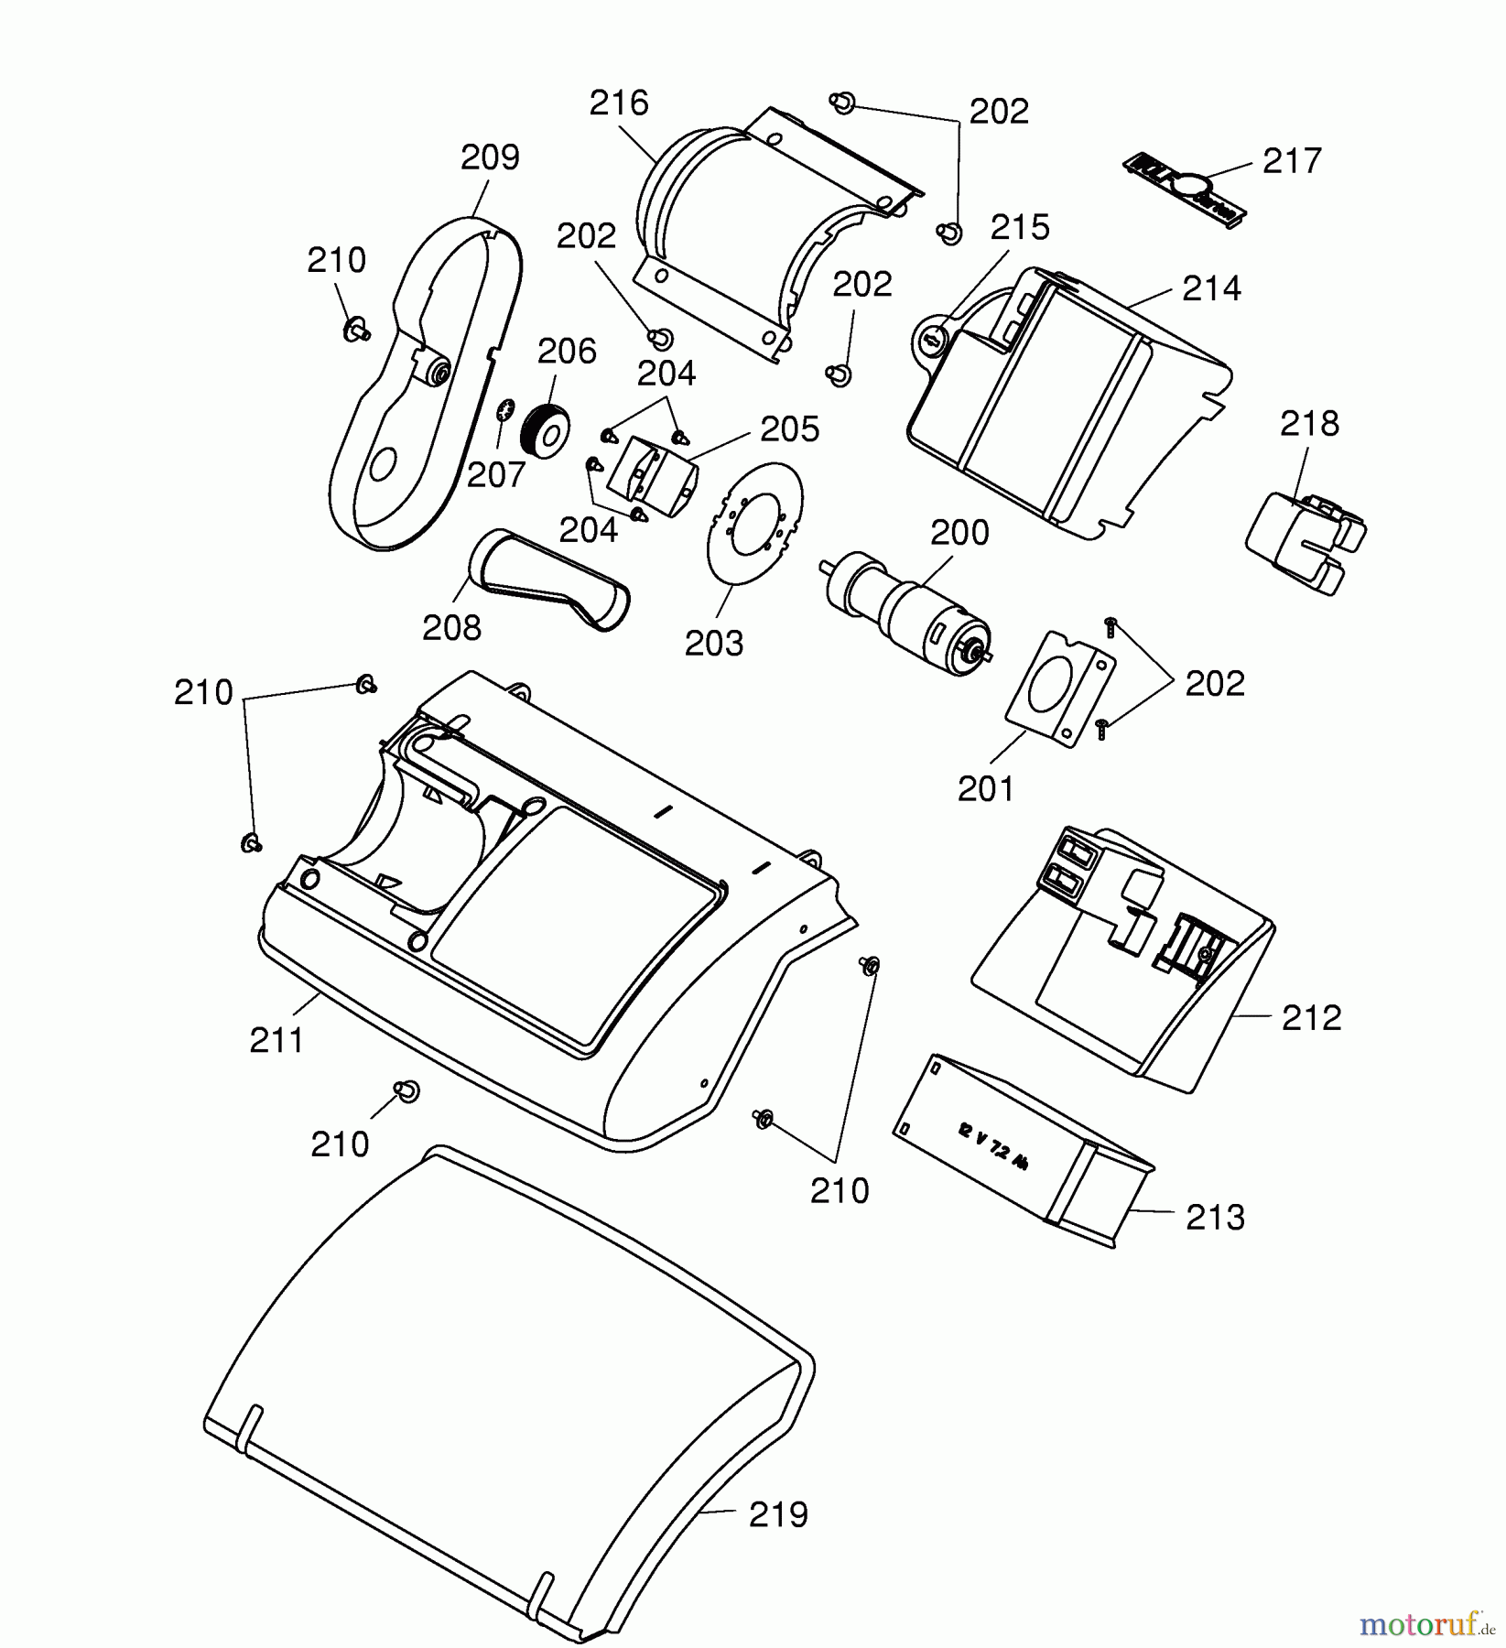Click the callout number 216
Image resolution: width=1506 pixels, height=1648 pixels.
point(619,103)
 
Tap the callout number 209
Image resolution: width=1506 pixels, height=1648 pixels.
point(490,157)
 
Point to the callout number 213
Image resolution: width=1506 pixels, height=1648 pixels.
point(1215,1218)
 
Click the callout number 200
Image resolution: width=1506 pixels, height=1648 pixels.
point(959,533)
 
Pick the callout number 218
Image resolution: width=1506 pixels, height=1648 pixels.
point(1309,424)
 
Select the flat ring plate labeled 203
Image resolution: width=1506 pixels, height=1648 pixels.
point(754,522)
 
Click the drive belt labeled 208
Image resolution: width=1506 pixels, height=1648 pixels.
point(549,580)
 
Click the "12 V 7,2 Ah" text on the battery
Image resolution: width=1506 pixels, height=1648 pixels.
point(992,1145)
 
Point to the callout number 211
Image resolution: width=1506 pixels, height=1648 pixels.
point(276,1041)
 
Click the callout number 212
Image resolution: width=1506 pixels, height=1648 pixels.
point(1311,1018)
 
